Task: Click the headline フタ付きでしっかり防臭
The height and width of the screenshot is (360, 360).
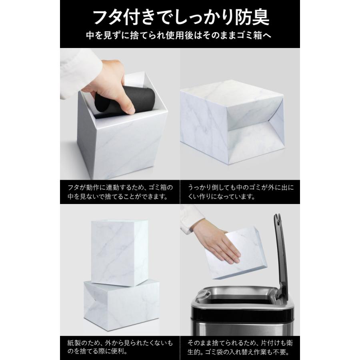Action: [x=180, y=17]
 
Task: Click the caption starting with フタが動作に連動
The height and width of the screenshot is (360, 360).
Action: [x=120, y=192]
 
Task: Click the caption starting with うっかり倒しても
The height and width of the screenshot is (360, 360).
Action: [x=240, y=192]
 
